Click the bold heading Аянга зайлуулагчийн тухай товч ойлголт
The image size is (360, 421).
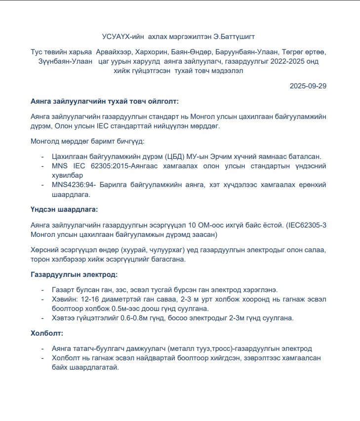[x=104, y=101]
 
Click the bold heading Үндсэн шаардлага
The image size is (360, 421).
[x=64, y=210]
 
